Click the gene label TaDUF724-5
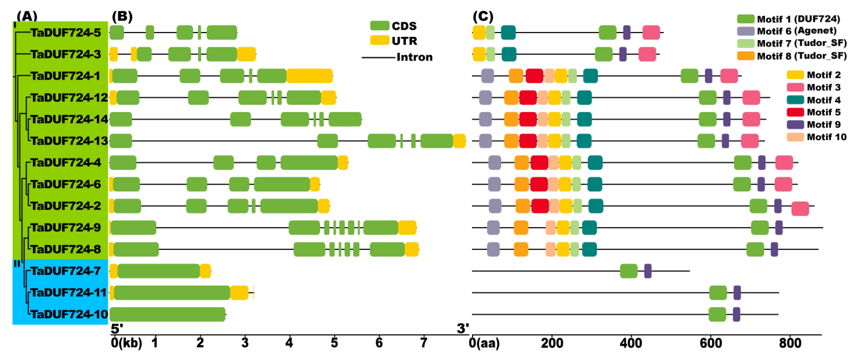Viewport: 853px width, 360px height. pyautogui.click(x=66, y=32)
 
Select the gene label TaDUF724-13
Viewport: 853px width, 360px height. pyautogui.click(x=69, y=141)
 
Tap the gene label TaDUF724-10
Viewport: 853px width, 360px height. pyautogui.click(x=69, y=314)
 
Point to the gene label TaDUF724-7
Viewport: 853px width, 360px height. pyautogui.click(x=66, y=271)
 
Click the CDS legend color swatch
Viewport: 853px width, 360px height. pyautogui.click(x=379, y=25)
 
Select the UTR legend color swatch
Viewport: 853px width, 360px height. pyautogui.click(x=379, y=40)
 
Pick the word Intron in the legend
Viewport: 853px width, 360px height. pyautogui.click(x=415, y=57)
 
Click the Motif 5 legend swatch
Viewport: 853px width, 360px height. pyautogui.click(x=795, y=112)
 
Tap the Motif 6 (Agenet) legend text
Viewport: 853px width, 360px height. pyautogui.click(x=797, y=31)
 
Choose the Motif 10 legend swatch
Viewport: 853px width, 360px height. pyautogui.click(x=795, y=137)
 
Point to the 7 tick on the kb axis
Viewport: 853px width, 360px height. pyautogui.click(x=424, y=342)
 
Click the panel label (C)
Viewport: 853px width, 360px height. pyautogui.click(x=483, y=16)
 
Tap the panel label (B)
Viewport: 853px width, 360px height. pyautogui.click(x=122, y=16)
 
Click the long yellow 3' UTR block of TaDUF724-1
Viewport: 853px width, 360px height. pyautogui.click(x=309, y=76)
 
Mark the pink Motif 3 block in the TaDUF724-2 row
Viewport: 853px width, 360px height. pyautogui.click(x=800, y=209)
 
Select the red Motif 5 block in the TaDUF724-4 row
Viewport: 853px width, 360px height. pyautogui.click(x=539, y=163)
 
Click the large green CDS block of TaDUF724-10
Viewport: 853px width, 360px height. pyautogui.click(x=168, y=314)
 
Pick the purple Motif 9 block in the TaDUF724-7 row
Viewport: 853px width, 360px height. pyautogui.click(x=648, y=271)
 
